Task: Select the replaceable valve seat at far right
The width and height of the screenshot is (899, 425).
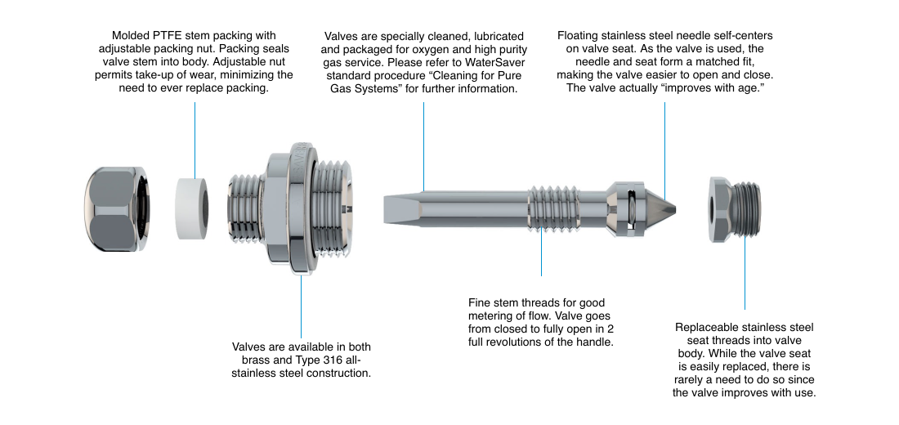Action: pyautogui.click(x=733, y=209)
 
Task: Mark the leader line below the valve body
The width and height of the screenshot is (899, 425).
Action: pyautogui.click(x=302, y=306)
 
